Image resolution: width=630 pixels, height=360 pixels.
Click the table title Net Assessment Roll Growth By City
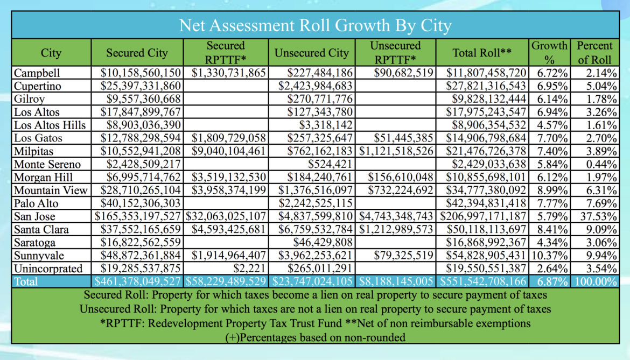click(315, 25)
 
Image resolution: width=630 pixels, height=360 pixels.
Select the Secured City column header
click(137, 53)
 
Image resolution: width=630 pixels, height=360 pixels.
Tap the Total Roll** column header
click(482, 53)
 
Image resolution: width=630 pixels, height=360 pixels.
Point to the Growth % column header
click(549, 53)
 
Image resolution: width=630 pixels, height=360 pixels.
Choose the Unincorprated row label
click(48, 269)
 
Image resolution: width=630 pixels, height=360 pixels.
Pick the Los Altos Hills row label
click(50, 125)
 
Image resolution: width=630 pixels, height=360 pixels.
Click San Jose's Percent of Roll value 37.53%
click(598, 216)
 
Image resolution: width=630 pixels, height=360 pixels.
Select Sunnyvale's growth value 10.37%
click(550, 256)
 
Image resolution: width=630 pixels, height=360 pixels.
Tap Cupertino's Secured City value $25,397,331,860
click(141, 86)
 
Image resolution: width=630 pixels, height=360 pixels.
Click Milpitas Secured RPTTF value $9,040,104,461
click(229, 151)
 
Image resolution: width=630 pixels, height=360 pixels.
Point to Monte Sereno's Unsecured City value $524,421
click(330, 164)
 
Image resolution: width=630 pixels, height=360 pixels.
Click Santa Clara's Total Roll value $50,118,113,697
click(487, 230)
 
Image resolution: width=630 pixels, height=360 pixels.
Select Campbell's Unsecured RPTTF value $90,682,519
click(403, 73)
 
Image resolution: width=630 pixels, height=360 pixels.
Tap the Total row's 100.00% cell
click(596, 282)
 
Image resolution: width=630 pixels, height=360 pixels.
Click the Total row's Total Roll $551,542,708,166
click(483, 282)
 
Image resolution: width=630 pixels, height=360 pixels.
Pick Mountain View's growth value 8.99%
click(552, 190)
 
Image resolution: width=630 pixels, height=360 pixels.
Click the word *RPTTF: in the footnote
click(122, 323)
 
